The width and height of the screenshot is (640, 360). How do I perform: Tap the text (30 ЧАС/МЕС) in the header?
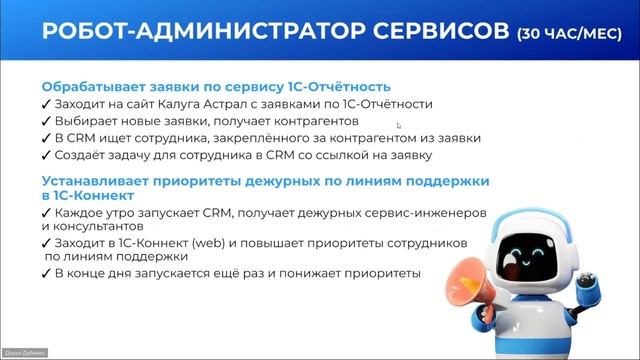(571, 34)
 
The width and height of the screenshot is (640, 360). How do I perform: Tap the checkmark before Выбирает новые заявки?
(46, 120)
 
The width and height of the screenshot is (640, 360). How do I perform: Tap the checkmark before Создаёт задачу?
(46, 154)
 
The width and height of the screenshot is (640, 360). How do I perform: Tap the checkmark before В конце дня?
(46, 273)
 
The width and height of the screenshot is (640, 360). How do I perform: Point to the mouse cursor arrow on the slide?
(398, 125)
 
